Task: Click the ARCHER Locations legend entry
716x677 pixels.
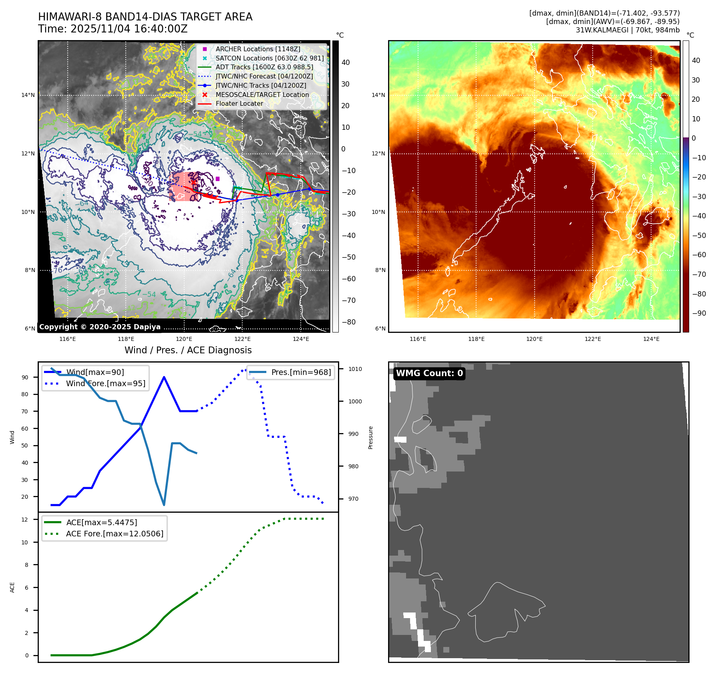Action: pyautogui.click(x=257, y=49)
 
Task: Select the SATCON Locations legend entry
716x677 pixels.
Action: pyautogui.click(x=269, y=58)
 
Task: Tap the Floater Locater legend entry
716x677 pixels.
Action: pyautogui.click(x=239, y=103)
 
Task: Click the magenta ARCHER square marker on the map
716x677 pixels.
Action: pyautogui.click(x=217, y=179)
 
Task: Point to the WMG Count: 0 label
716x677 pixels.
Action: pyautogui.click(x=429, y=373)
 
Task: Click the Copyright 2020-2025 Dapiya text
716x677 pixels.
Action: pyautogui.click(x=100, y=327)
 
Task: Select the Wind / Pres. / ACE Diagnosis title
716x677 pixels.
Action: pyautogui.click(x=188, y=350)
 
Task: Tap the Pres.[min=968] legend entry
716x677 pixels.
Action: pyautogui.click(x=301, y=372)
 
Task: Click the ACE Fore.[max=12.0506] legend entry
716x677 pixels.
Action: pyautogui.click(x=115, y=534)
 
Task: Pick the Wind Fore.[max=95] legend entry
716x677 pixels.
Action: pyautogui.click(x=105, y=383)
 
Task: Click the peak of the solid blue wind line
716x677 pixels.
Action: pyautogui.click(x=164, y=377)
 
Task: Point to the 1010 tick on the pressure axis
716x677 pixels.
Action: pyautogui.click(x=355, y=369)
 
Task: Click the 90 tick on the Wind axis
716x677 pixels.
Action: pyautogui.click(x=25, y=377)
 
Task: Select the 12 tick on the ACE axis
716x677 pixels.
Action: pyautogui.click(x=25, y=520)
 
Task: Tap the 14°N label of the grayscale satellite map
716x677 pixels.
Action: pyautogui.click(x=28, y=95)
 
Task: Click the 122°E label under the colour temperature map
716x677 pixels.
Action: pyautogui.click(x=593, y=339)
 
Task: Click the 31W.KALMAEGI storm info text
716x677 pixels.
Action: pyautogui.click(x=628, y=30)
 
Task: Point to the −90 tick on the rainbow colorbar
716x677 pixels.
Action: pyautogui.click(x=699, y=313)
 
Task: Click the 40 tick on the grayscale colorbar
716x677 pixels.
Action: pyautogui.click(x=346, y=62)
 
